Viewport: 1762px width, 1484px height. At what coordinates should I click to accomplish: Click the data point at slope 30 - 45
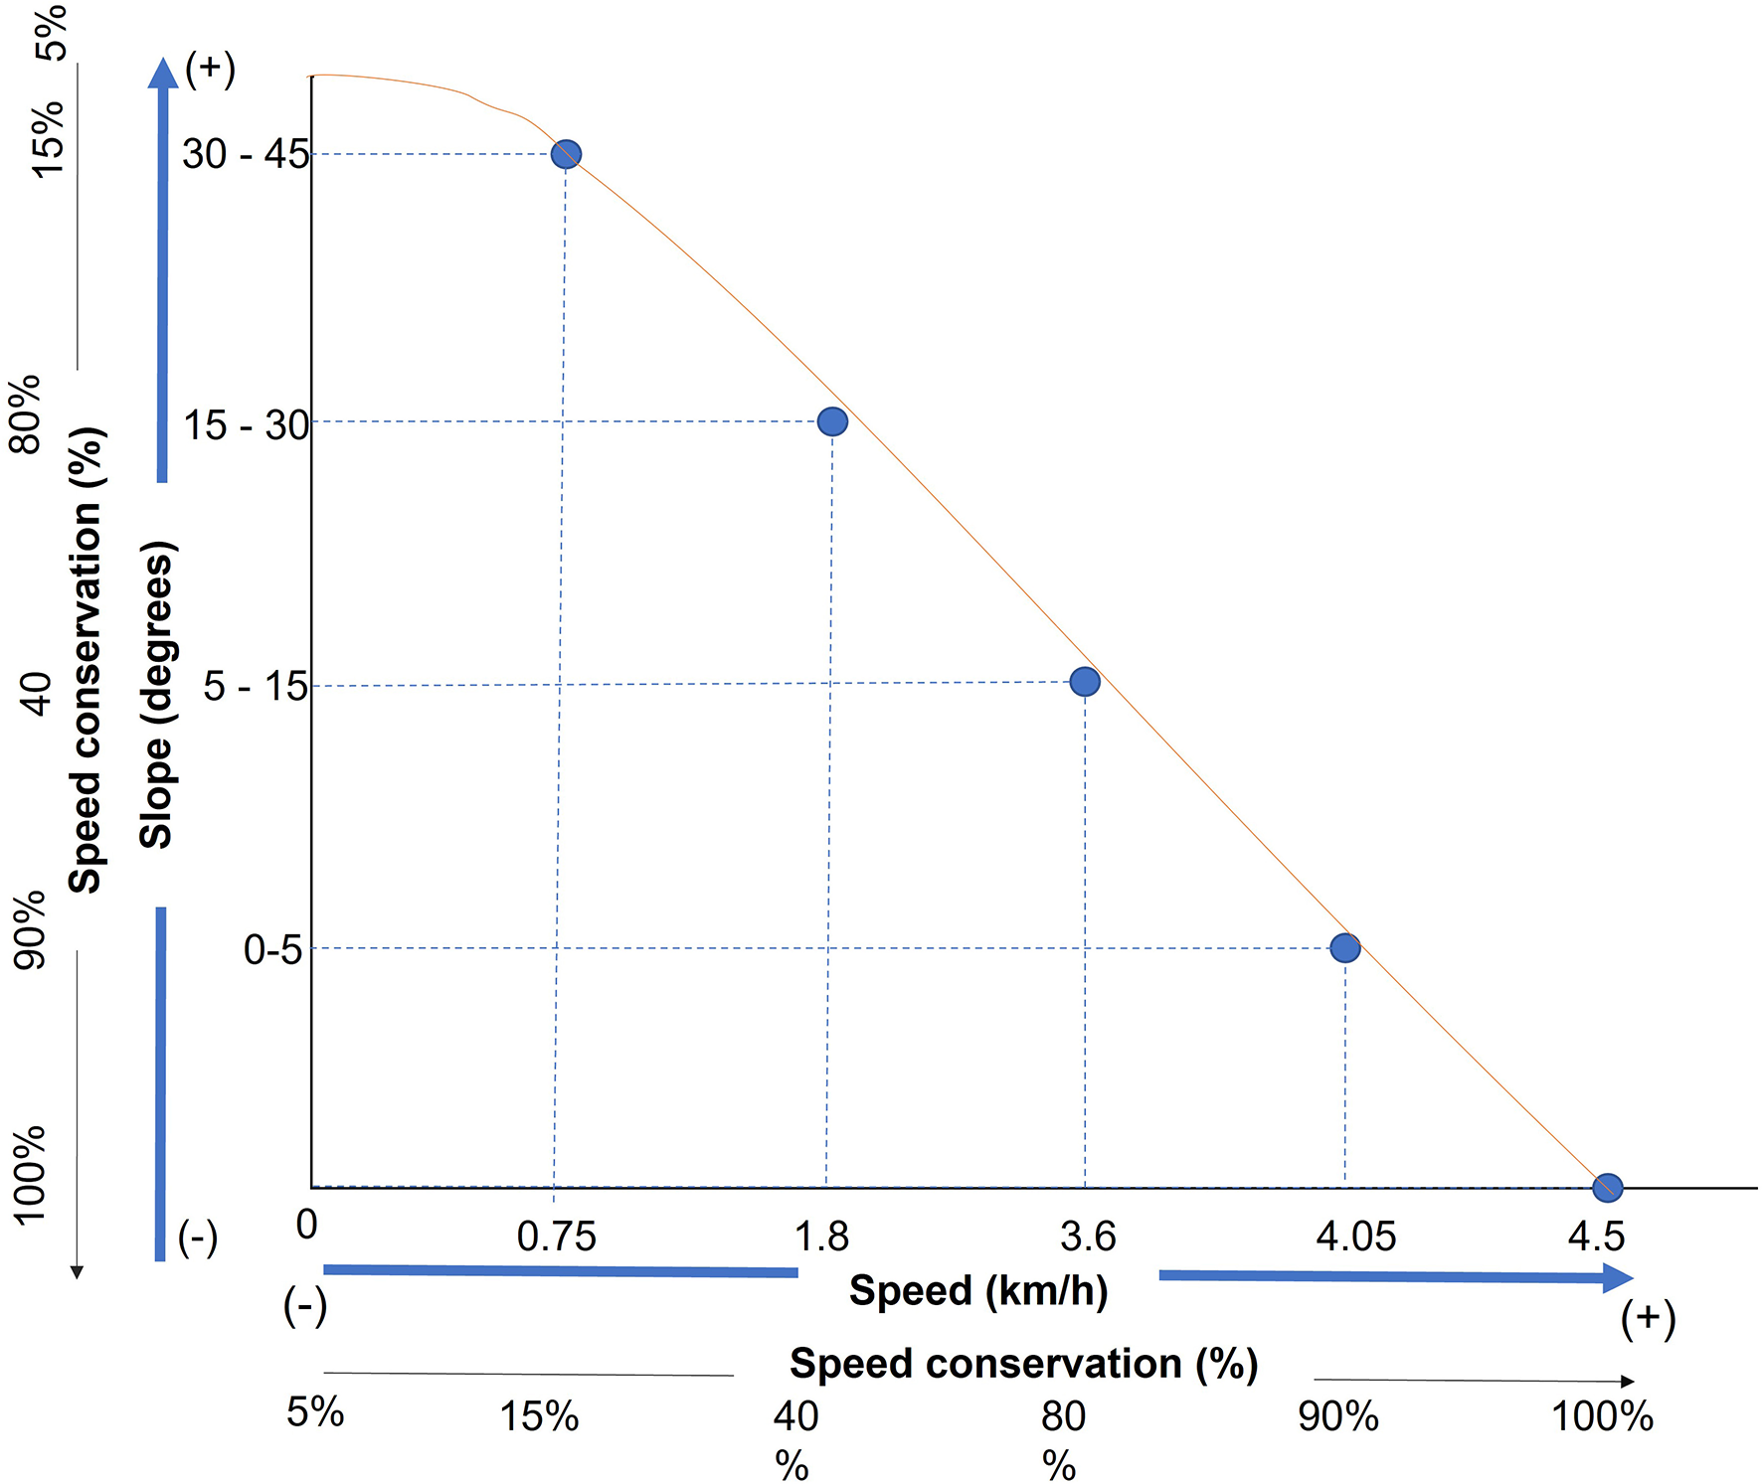click(566, 154)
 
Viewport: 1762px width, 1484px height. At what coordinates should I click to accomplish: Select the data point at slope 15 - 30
click(832, 421)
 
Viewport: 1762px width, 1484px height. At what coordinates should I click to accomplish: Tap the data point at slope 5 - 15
click(1085, 682)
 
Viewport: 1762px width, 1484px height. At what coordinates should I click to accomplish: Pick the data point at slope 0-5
click(1345, 948)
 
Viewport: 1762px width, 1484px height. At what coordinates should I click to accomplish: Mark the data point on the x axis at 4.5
click(1607, 1187)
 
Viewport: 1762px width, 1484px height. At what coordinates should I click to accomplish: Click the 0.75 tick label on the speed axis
click(557, 1237)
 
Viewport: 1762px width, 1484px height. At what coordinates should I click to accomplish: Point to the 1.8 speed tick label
click(821, 1237)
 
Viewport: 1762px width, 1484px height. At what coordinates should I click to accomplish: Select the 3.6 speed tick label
click(1088, 1237)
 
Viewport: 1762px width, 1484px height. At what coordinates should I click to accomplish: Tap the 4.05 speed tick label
click(1355, 1237)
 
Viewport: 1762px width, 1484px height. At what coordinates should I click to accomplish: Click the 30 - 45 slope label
click(245, 154)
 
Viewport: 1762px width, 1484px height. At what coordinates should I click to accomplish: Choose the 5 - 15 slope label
click(255, 686)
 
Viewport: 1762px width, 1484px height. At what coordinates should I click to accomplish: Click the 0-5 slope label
click(272, 950)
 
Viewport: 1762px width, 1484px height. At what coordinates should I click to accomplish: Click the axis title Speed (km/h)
click(978, 1291)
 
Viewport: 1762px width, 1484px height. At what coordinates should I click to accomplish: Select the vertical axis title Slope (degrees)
click(157, 694)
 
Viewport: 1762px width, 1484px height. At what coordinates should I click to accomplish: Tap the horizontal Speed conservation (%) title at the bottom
click(1023, 1365)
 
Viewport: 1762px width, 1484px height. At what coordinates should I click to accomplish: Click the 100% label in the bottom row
click(1602, 1416)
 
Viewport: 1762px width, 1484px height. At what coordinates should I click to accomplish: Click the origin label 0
click(306, 1225)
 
